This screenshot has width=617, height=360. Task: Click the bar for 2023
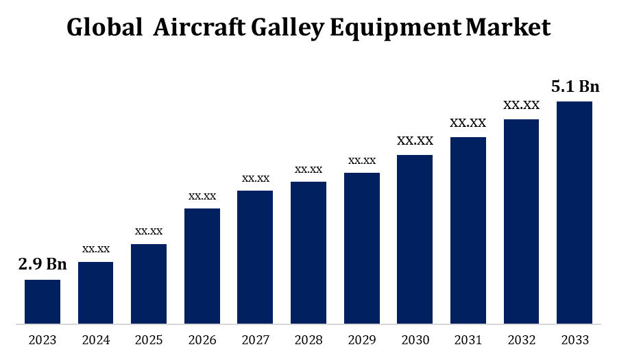(43, 301)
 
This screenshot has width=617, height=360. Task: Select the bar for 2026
(202, 265)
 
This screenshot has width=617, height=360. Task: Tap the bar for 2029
(362, 248)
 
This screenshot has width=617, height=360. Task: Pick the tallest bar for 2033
(574, 212)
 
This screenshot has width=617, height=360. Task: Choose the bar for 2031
(468, 230)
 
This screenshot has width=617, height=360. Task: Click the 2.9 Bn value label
(43, 265)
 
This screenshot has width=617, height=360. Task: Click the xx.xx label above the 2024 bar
(96, 249)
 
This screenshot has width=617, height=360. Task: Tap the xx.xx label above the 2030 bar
(415, 141)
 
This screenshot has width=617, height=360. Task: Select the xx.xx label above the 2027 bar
(256, 178)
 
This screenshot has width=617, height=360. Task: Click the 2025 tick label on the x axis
(149, 340)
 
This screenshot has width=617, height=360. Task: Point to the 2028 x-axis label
(308, 340)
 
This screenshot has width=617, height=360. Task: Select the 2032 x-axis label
(521, 340)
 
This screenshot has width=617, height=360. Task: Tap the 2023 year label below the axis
(43, 340)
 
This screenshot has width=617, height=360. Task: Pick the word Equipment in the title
(394, 27)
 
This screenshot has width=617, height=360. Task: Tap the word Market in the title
(508, 27)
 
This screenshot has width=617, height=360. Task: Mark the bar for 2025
(149, 283)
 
